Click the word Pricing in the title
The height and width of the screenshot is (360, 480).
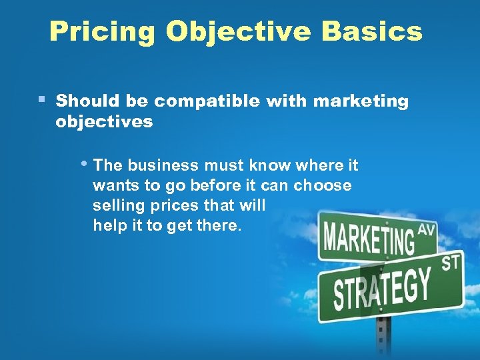point(102,31)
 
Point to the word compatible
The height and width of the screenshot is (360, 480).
point(208,101)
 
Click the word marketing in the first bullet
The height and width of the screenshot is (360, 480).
point(361,101)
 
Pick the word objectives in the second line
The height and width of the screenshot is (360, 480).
point(104,123)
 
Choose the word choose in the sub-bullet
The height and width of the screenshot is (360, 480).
point(323,185)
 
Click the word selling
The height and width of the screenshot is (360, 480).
point(118,205)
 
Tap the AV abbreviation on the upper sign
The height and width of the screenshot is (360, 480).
point(427,231)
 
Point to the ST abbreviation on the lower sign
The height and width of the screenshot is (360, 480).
point(451,263)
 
